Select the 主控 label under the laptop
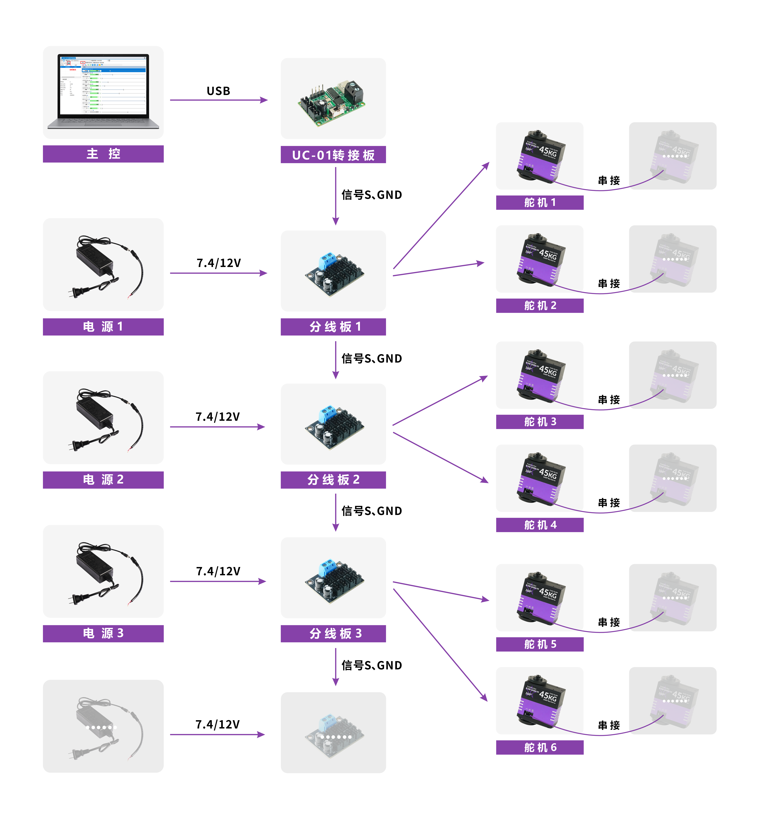point(103,154)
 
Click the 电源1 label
point(103,327)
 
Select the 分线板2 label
point(333,480)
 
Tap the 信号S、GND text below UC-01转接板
point(371,195)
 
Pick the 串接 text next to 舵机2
point(609,283)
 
